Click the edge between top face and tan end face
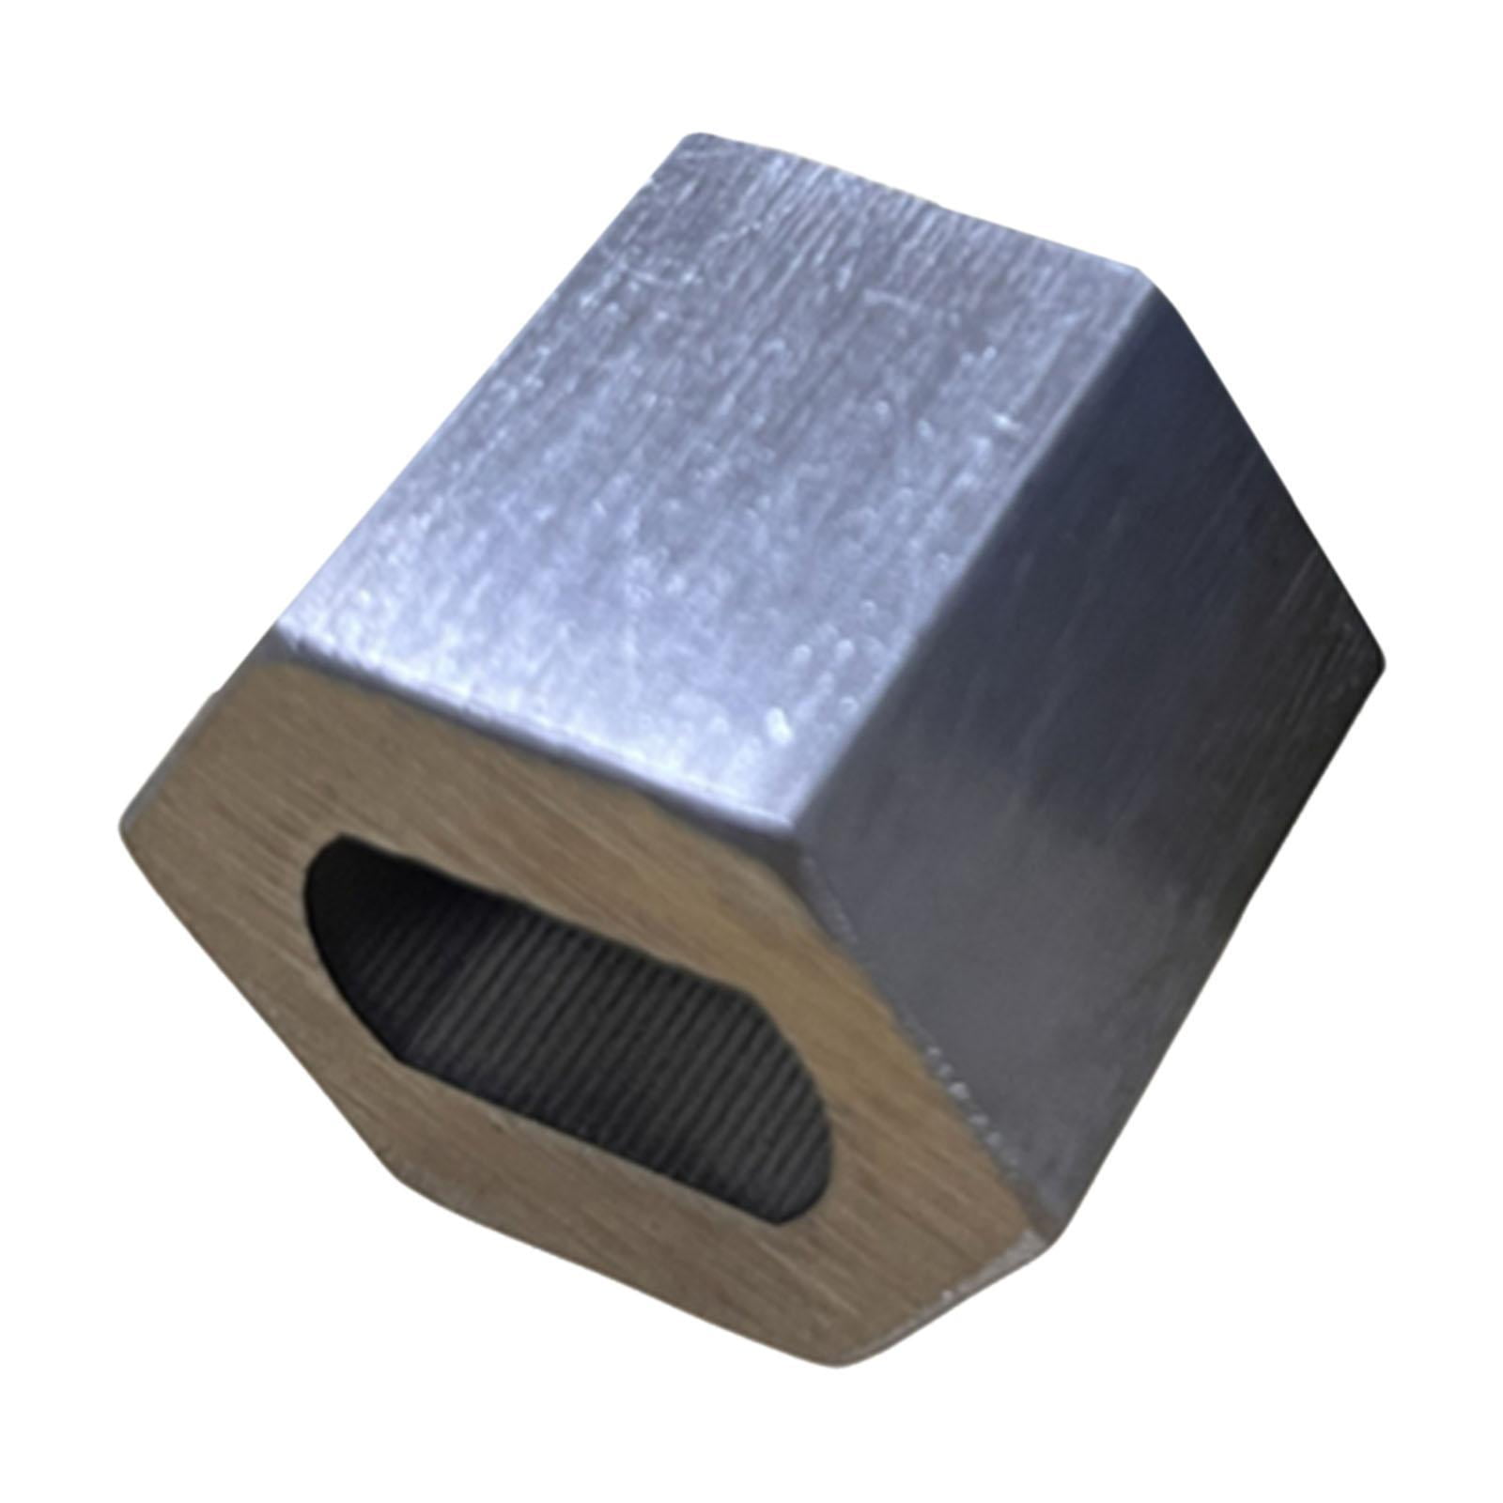coord(526,733)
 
